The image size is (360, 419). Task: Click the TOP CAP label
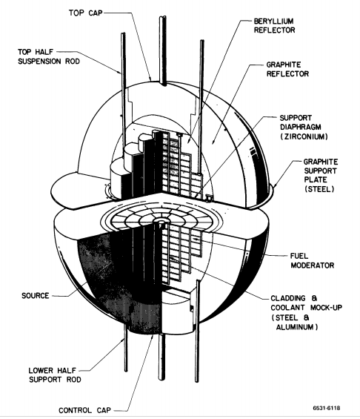pyautogui.click(x=86, y=13)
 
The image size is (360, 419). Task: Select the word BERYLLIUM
pyautogui.click(x=273, y=21)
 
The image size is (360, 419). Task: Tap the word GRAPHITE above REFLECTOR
pyautogui.click(x=284, y=65)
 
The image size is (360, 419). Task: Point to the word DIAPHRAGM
pyautogui.click(x=300, y=127)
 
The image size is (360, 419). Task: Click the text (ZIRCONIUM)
pyautogui.click(x=304, y=136)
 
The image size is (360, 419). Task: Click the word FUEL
pyautogui.click(x=299, y=256)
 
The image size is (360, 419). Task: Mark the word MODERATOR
pyautogui.click(x=313, y=265)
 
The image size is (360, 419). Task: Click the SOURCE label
pyautogui.click(x=36, y=296)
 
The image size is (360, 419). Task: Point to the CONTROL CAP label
pyautogui.click(x=84, y=410)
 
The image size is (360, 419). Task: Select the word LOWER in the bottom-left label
pyautogui.click(x=41, y=370)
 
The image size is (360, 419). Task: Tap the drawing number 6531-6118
pyautogui.click(x=327, y=408)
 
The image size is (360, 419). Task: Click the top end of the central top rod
pyautogui.click(x=163, y=17)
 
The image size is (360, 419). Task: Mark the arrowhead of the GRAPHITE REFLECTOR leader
pyautogui.click(x=213, y=143)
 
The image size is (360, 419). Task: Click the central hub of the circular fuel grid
pyautogui.click(x=161, y=221)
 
